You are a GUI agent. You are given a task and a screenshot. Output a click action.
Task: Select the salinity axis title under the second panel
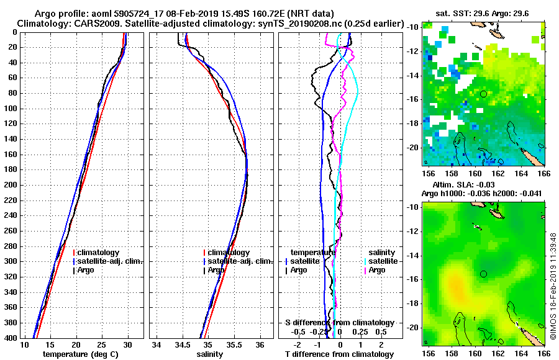point(210,354)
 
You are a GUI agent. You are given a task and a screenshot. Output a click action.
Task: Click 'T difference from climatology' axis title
point(339,354)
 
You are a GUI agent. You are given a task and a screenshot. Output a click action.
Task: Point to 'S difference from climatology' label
point(339,323)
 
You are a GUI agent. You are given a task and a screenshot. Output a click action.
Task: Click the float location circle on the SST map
point(483,94)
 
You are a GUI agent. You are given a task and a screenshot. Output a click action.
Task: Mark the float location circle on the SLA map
point(483,274)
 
